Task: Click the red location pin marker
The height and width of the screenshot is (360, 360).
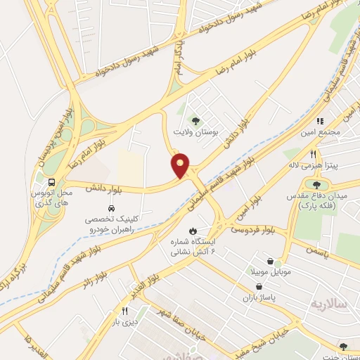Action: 181,166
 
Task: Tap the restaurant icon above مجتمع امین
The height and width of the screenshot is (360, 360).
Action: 320,121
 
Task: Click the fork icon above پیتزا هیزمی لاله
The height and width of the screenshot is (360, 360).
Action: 314,154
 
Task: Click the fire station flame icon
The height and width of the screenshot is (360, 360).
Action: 192,231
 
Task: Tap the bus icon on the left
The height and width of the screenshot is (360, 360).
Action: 53,180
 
